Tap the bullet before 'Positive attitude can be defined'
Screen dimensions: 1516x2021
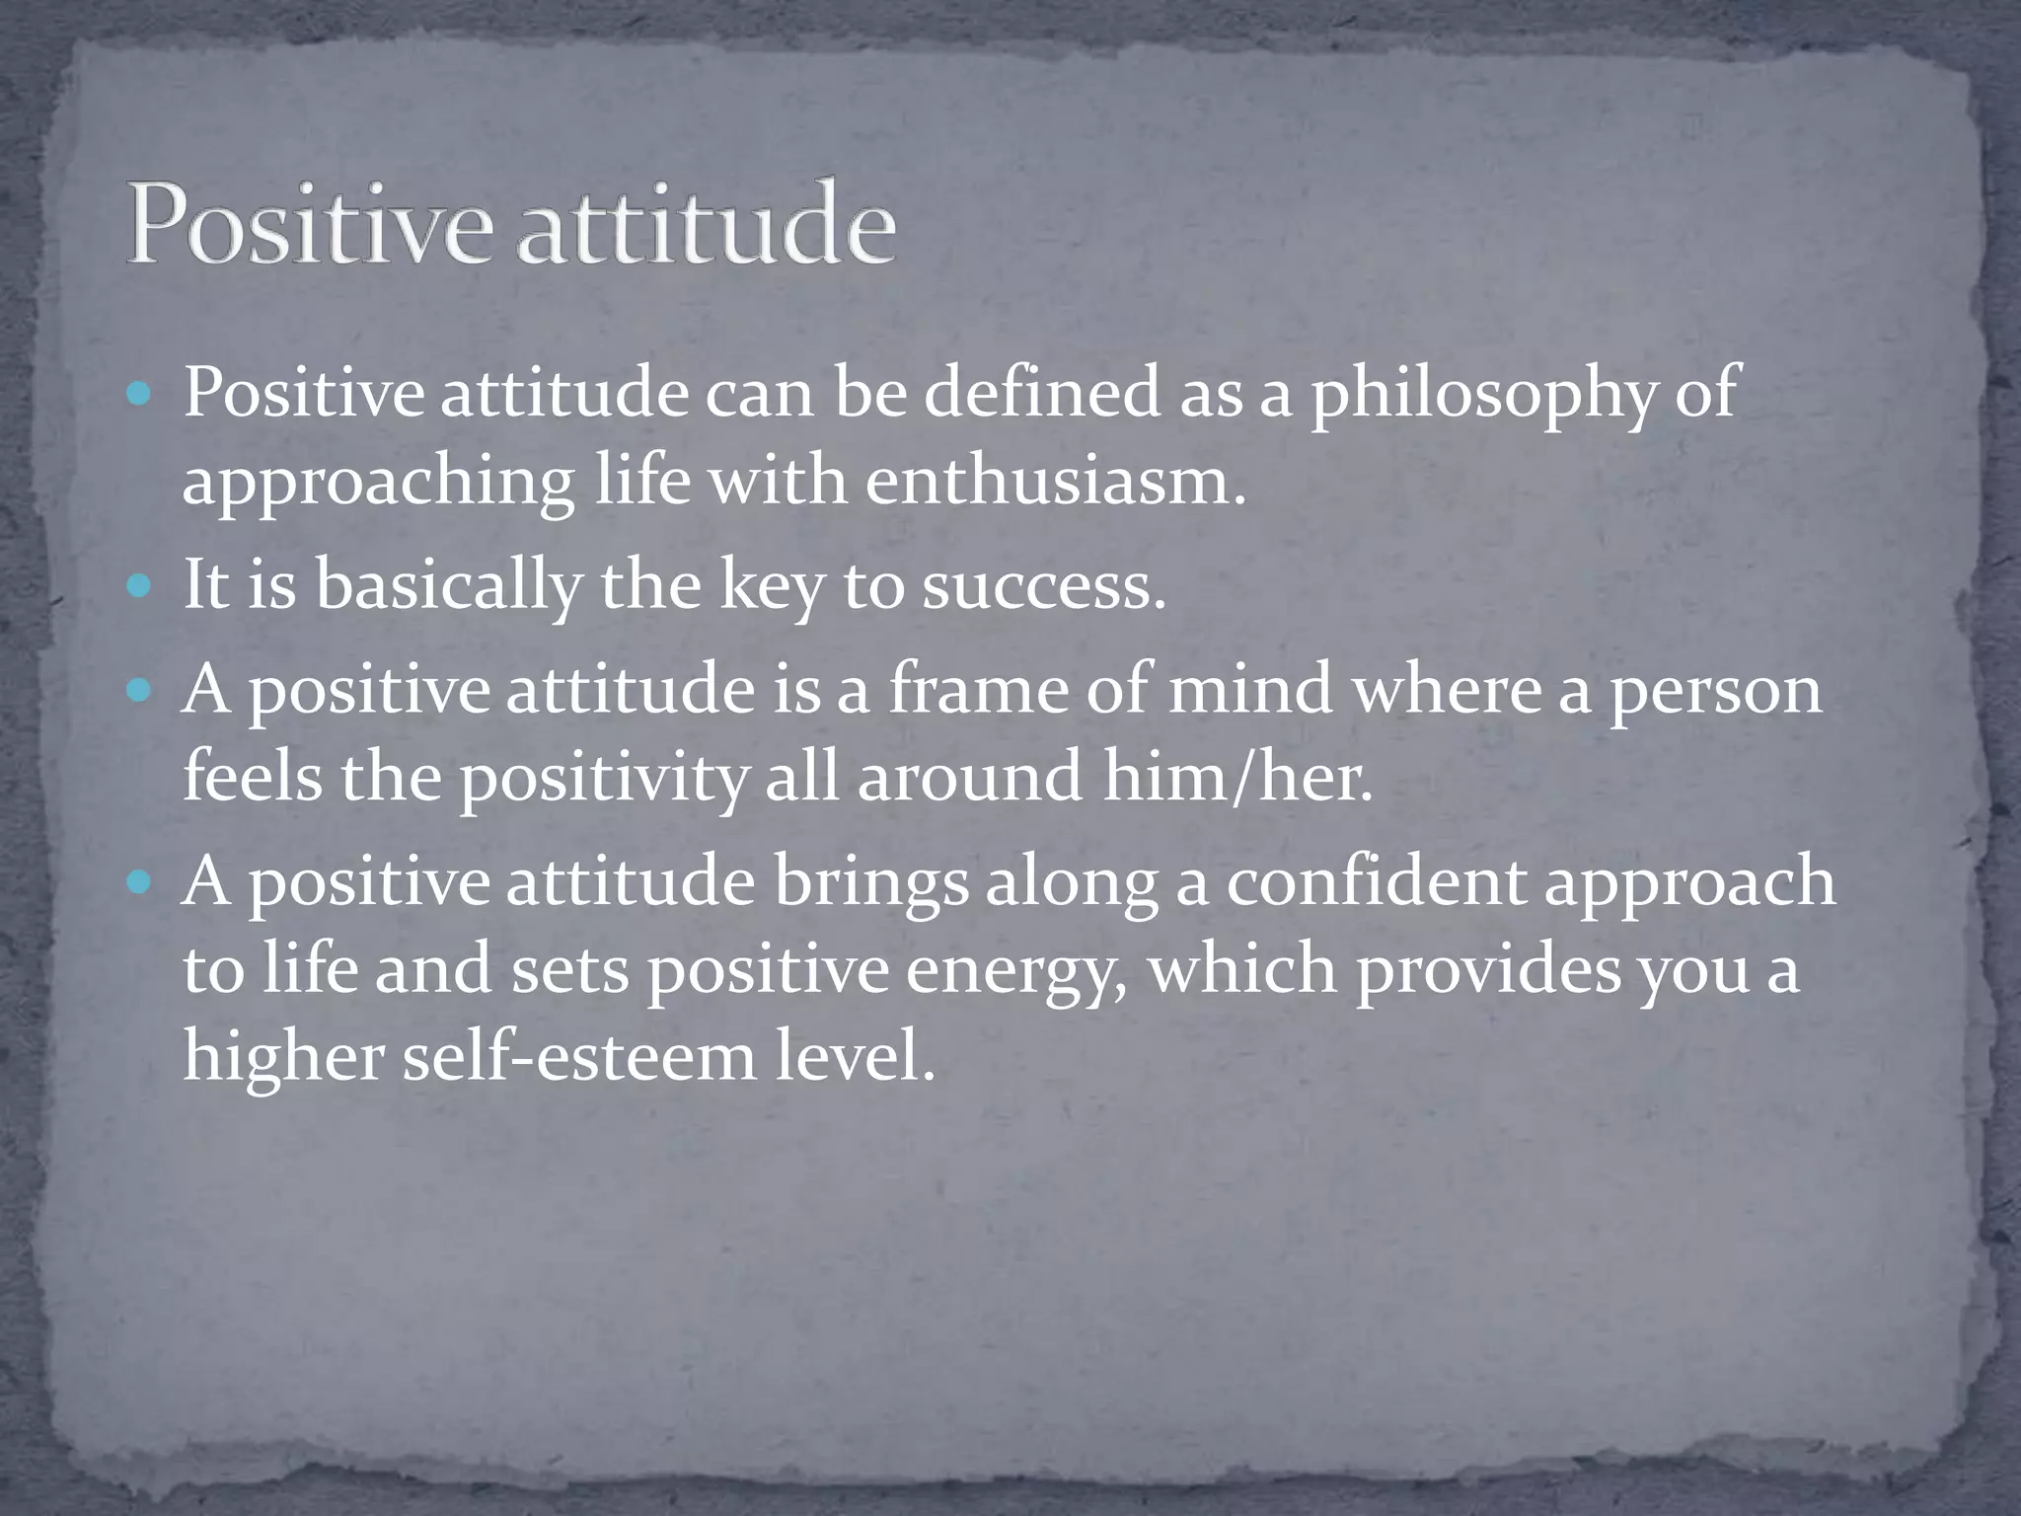tap(139, 396)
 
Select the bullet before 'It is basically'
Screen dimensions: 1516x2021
tap(139, 587)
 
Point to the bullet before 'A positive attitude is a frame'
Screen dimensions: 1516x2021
tap(139, 690)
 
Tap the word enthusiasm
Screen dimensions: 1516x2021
tap(1054, 483)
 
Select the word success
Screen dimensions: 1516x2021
tap(1043, 586)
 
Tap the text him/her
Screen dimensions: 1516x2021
tap(1236, 777)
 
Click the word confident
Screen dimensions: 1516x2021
tap(1376, 880)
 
